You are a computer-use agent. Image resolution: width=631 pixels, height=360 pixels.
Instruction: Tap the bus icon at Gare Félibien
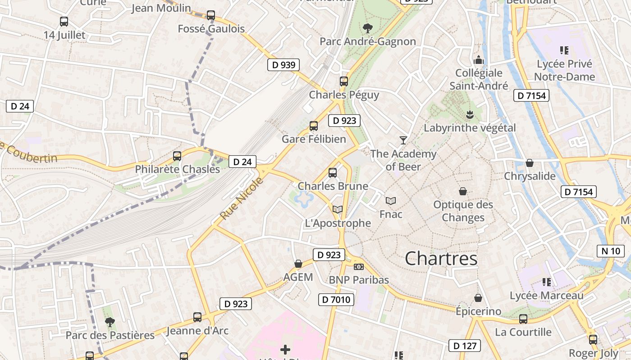click(314, 126)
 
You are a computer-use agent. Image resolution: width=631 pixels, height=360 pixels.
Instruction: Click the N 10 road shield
click(611, 251)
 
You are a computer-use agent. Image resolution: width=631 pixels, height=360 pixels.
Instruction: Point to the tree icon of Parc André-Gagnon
click(368, 28)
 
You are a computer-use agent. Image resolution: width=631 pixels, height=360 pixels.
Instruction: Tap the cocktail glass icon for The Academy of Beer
click(403, 140)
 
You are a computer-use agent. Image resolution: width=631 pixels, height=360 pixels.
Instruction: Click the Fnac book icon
click(391, 201)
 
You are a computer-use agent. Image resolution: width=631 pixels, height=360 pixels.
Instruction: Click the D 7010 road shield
click(336, 300)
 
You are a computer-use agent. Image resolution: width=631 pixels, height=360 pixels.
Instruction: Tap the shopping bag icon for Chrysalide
click(530, 163)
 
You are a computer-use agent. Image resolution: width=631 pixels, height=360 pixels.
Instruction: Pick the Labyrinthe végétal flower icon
click(470, 115)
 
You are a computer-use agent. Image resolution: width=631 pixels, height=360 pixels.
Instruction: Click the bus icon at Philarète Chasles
click(177, 156)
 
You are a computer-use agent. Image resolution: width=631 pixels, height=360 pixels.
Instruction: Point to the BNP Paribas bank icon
click(358, 267)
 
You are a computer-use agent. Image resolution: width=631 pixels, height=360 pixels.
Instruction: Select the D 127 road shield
click(464, 346)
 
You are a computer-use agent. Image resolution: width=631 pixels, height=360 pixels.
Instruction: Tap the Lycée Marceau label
click(546, 296)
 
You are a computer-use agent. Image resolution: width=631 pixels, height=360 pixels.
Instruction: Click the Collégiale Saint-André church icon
click(478, 59)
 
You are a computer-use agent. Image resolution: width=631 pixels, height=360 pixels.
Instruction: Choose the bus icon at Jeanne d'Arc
click(197, 317)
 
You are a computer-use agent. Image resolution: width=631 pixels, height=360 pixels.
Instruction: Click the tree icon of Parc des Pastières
click(110, 322)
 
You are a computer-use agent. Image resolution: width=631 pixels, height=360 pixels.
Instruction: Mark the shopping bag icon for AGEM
click(298, 264)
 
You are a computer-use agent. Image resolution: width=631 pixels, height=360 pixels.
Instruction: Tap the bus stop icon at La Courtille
click(523, 319)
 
